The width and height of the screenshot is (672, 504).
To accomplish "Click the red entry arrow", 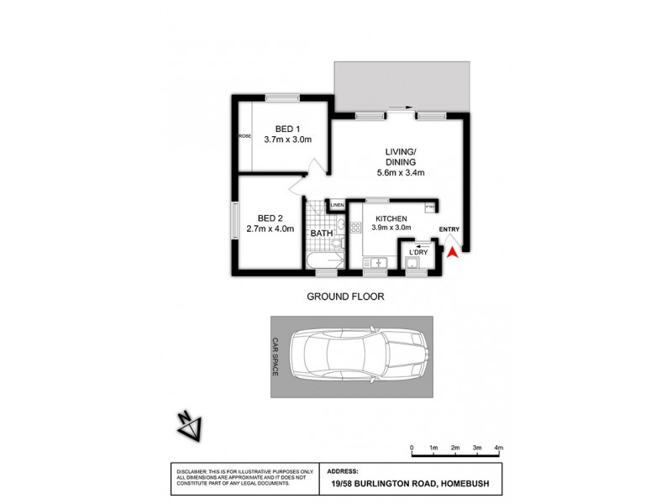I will (452, 251).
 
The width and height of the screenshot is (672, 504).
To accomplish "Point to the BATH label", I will (322, 234).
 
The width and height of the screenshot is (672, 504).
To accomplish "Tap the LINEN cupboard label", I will (337, 205).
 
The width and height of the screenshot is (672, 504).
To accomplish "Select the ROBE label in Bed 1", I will (245, 137).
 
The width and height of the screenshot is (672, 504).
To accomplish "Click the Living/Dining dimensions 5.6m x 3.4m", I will (401, 173).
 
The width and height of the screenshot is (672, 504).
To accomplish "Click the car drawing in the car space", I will (358, 356).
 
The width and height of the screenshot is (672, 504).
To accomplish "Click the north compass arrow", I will (187, 425).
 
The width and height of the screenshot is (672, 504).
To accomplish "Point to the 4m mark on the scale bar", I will (499, 449).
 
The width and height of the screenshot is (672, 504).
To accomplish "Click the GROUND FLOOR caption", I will (345, 297).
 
